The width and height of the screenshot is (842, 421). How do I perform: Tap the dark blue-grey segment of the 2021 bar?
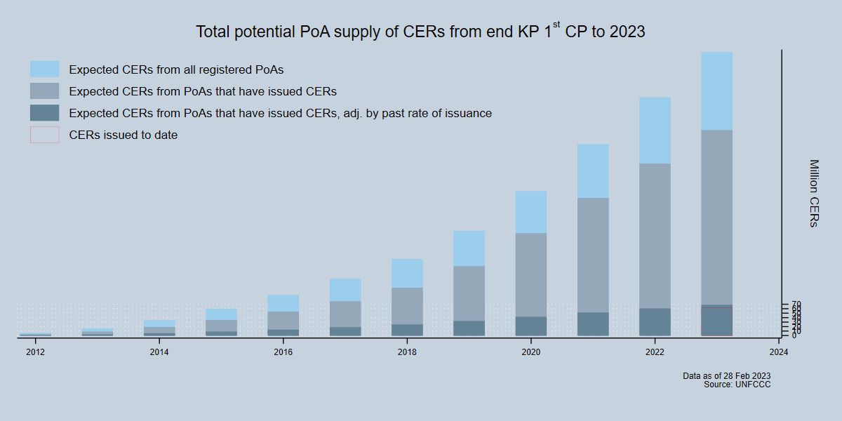593,323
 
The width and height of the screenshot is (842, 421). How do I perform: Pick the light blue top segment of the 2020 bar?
531,212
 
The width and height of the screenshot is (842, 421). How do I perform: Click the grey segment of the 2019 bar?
469,293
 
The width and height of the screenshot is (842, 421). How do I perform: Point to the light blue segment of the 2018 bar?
407,274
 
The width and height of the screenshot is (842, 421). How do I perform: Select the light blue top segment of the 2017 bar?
345,290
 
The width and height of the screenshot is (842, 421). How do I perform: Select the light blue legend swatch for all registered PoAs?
44,69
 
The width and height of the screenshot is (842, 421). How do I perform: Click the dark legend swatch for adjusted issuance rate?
44,113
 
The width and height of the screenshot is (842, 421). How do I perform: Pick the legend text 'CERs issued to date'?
123,135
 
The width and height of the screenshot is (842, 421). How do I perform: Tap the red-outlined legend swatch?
44,135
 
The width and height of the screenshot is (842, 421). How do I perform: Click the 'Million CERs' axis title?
813,193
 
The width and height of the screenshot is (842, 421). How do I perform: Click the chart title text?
420,32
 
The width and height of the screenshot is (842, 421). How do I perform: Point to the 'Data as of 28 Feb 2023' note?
726,376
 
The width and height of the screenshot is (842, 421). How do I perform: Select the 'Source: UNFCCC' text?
737,385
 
